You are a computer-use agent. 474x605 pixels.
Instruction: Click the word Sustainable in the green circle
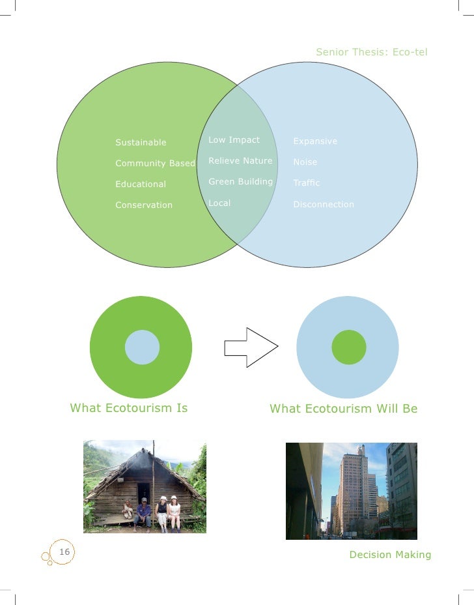141,143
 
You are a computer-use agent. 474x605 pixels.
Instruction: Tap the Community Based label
155,164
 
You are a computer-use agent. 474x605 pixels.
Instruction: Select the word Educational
141,184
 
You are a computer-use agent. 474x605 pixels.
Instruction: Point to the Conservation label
144,205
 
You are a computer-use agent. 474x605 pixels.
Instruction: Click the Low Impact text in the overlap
234,140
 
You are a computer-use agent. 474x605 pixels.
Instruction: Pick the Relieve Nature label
240,161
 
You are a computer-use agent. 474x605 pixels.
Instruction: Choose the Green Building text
240,182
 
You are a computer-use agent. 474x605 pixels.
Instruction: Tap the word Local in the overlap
219,203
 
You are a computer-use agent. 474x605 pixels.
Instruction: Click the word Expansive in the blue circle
315,141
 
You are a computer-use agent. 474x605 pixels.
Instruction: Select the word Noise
305,162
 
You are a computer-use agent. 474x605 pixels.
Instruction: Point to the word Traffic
307,183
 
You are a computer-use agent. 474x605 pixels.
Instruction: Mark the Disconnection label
324,205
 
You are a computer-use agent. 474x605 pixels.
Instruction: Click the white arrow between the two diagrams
250,347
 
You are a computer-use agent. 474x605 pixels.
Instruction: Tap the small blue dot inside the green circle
142,347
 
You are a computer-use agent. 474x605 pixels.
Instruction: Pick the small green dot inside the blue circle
349,347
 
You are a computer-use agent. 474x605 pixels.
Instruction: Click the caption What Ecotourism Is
129,409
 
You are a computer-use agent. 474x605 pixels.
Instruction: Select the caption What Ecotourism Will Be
344,409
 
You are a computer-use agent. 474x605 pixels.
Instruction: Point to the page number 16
64,553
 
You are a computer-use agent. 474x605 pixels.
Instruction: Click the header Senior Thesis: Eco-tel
372,52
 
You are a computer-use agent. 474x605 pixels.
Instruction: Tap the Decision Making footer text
390,555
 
